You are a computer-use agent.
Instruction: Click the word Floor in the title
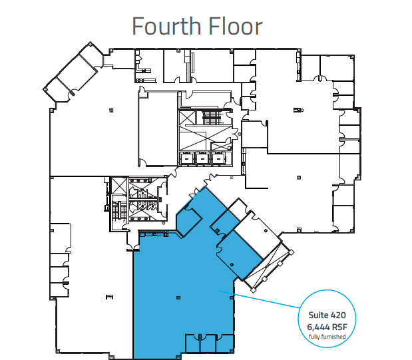pyautogui.click(x=233, y=26)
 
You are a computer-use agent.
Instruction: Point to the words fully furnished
pyautogui.click(x=327, y=337)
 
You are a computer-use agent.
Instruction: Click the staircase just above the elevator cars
pyautogui.click(x=212, y=118)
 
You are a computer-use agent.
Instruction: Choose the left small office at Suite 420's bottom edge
pyautogui.click(x=192, y=342)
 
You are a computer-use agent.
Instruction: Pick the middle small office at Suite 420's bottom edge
pyautogui.click(x=208, y=342)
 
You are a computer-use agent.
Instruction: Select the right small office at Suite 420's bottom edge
pyautogui.click(x=225, y=342)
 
